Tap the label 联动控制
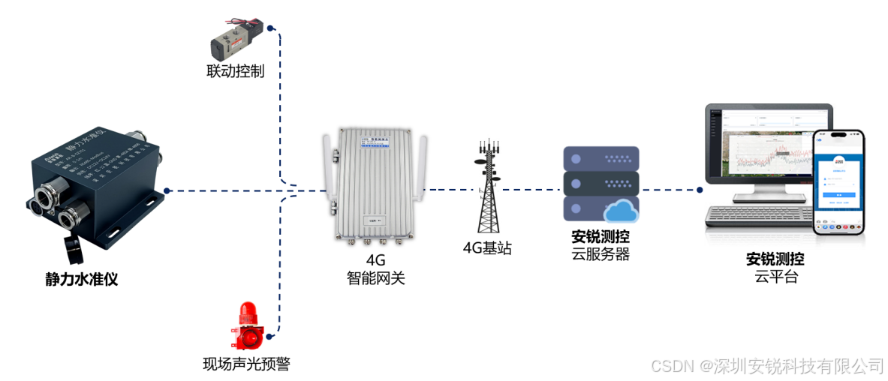click(x=236, y=72)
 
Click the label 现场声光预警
click(x=246, y=364)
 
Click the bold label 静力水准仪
click(x=82, y=280)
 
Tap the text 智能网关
click(x=375, y=278)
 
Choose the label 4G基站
click(x=487, y=248)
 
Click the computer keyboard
click(x=758, y=217)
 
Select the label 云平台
click(x=775, y=277)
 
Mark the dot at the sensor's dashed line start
click(x=167, y=190)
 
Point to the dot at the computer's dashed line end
click(x=699, y=190)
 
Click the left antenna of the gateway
click(x=327, y=172)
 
